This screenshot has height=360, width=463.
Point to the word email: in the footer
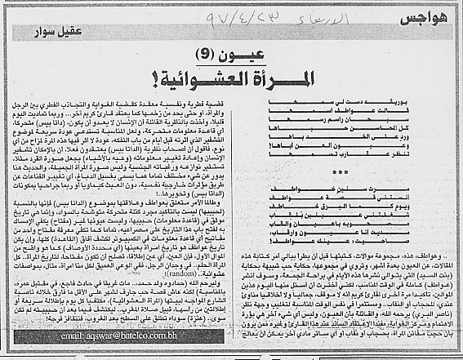click(44, 336)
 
